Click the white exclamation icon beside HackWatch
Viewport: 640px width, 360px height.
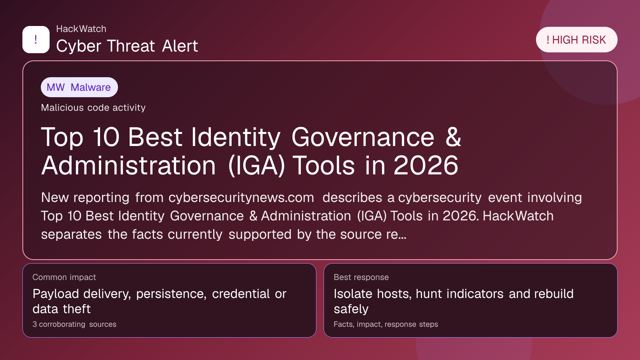(36, 40)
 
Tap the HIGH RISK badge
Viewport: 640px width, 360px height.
(576, 40)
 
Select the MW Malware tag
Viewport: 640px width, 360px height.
(79, 87)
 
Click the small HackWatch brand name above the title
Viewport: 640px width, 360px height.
(81, 29)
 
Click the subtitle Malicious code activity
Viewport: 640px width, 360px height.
(93, 108)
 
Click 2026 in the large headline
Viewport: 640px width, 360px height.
(426, 166)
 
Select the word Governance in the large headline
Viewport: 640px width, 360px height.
(363, 137)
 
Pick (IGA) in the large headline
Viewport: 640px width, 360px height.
(256, 166)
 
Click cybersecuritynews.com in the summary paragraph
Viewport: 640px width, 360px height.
(241, 198)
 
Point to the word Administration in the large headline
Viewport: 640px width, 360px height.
(128, 166)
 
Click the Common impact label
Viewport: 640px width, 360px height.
(64, 277)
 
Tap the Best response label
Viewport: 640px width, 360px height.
(361, 277)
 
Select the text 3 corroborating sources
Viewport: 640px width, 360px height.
(74, 324)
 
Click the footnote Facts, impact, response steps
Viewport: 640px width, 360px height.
(386, 324)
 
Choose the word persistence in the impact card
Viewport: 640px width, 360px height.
(171, 294)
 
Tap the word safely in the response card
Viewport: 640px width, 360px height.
(351, 309)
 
